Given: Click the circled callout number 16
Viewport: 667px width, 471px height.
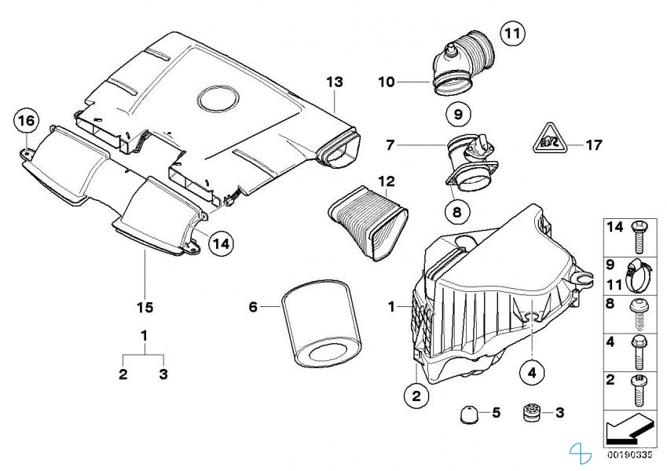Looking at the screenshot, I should [x=26, y=121].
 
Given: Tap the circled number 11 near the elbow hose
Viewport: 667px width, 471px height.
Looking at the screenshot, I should [x=511, y=34].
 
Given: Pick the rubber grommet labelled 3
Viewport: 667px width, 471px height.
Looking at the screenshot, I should [x=532, y=412].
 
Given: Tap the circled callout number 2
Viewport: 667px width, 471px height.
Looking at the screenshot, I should [x=417, y=397].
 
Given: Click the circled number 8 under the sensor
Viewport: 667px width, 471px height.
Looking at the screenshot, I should [x=456, y=210].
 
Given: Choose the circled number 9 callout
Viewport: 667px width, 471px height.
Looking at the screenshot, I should [x=456, y=114].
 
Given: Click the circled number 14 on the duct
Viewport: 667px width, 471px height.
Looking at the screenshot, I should [x=221, y=243].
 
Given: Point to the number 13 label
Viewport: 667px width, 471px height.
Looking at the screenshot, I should [x=335, y=82].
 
